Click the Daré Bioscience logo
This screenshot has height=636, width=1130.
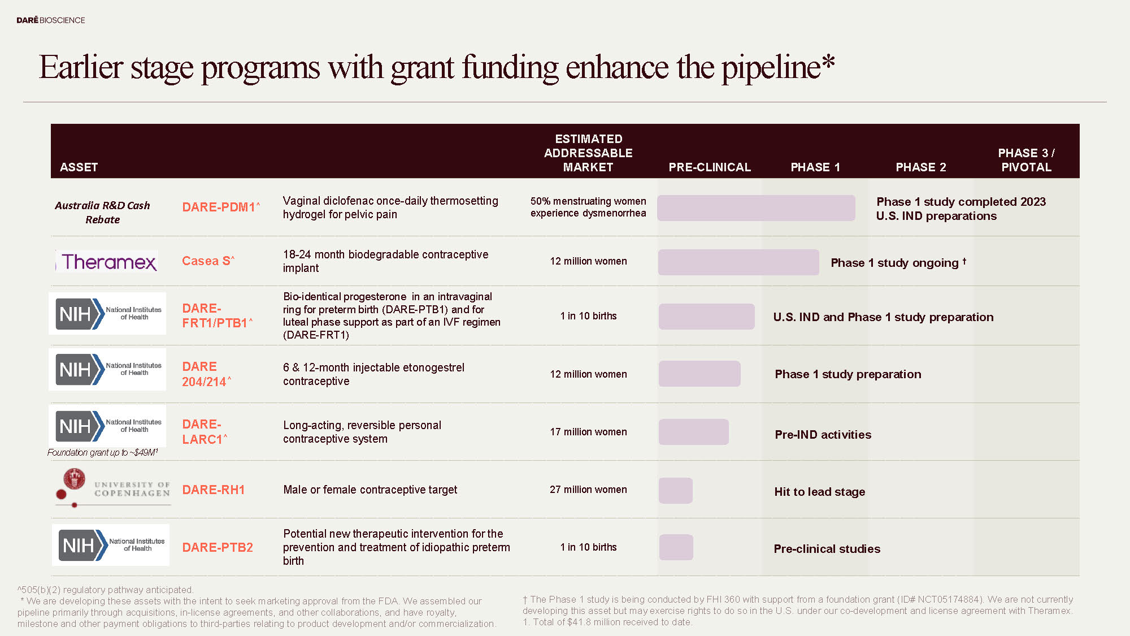coord(51,20)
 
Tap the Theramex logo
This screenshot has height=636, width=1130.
coord(108,262)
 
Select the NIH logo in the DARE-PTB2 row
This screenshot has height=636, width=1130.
coord(111,546)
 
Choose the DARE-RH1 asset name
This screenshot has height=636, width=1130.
coord(213,490)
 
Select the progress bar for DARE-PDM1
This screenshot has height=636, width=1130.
coord(756,208)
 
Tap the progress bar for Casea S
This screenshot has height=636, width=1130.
coord(738,262)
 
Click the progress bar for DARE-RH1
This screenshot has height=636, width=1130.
coord(676,491)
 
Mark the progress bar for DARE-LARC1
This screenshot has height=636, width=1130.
coord(694,432)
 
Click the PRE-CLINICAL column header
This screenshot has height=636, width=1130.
coord(710,167)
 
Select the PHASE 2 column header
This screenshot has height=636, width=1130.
coord(920,167)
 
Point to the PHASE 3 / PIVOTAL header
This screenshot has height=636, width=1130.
coord(1026,160)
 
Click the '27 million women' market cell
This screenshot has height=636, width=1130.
coord(588,490)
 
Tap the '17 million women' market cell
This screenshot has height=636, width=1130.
coord(588,432)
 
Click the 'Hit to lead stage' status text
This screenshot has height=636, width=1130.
coord(819,492)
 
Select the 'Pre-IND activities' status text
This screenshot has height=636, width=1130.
coord(823,435)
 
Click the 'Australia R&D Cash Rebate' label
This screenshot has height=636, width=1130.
coord(102,213)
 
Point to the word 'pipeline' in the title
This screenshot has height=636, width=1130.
coord(771,67)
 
